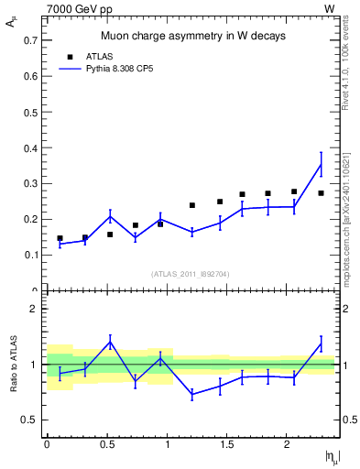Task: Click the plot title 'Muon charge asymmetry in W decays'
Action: (192, 37)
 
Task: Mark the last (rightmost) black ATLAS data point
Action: (321, 193)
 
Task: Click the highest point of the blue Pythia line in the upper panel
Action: (321, 164)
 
